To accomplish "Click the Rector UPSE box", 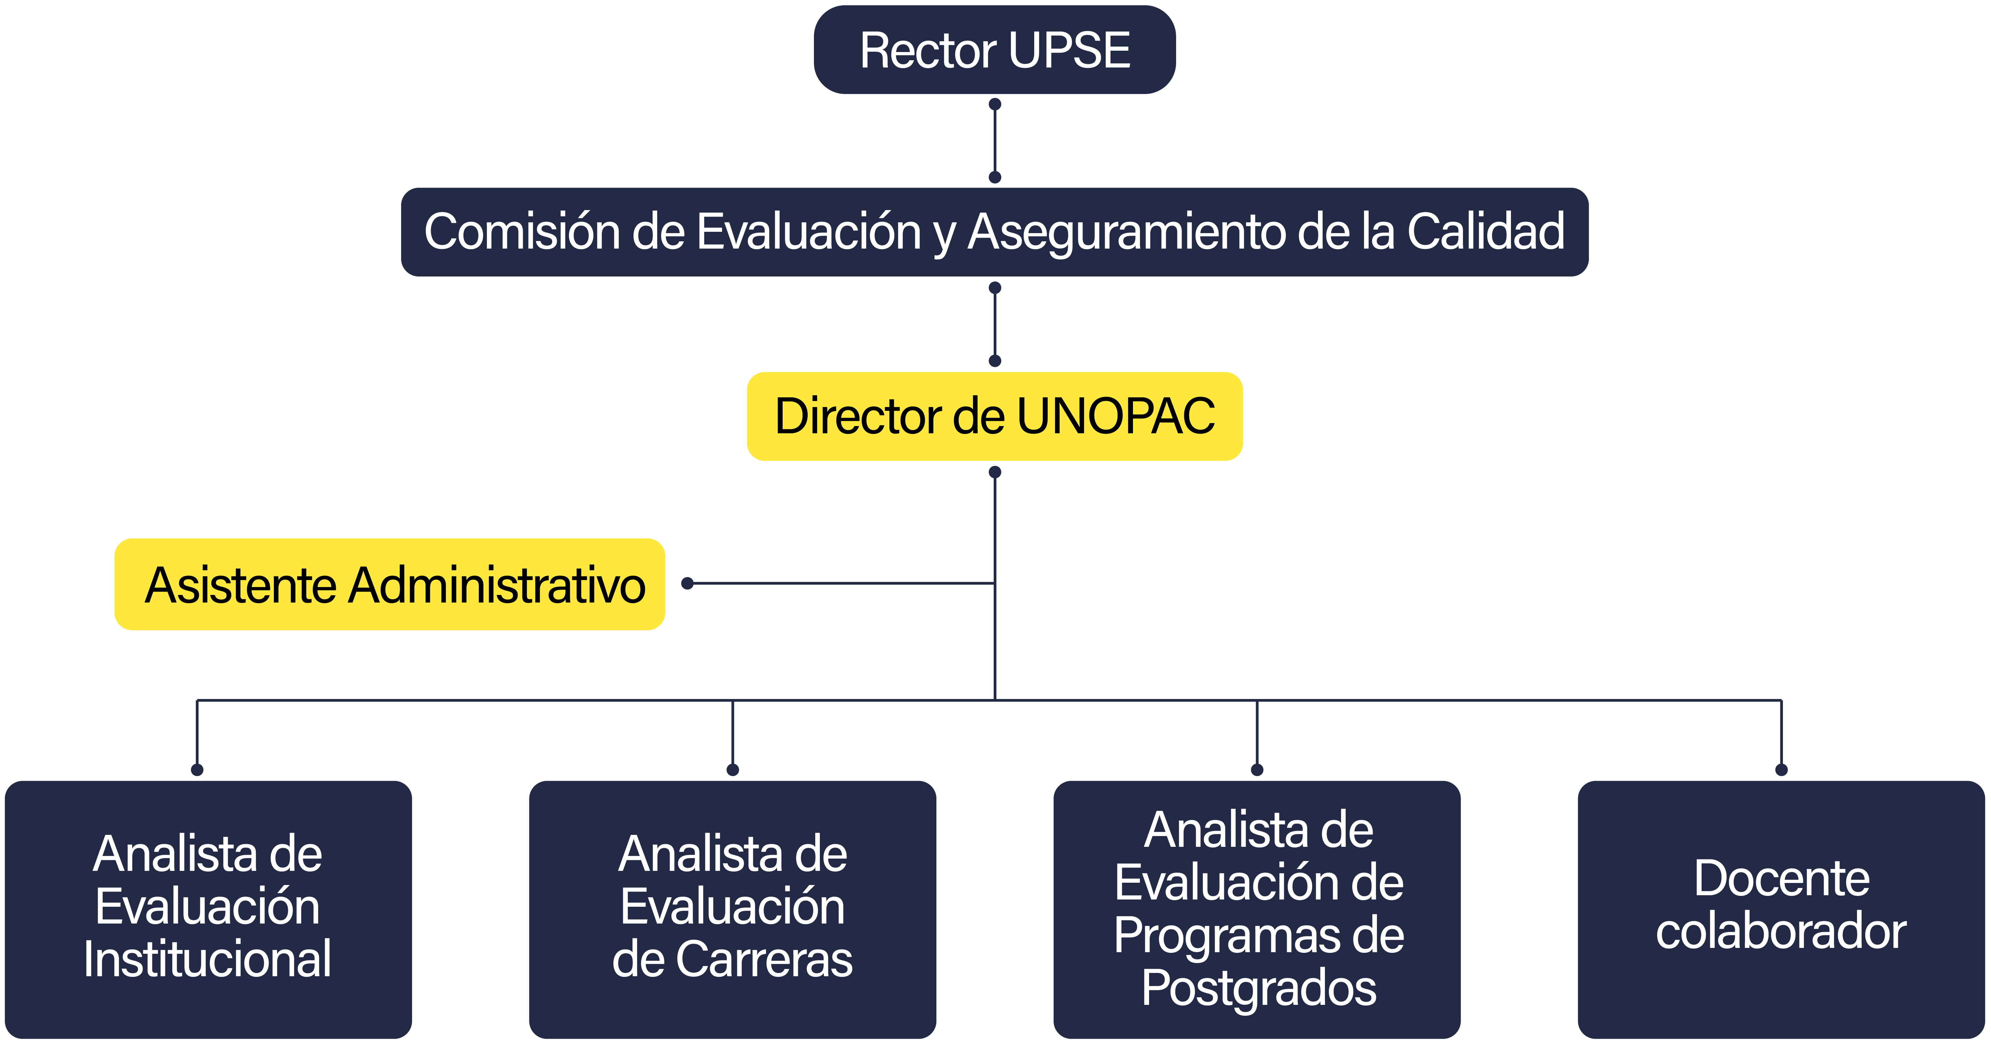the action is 995,50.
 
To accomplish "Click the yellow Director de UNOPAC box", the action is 995,417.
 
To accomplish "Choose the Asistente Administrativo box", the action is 390,584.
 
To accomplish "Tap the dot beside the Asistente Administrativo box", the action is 687,583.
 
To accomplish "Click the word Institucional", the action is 208,959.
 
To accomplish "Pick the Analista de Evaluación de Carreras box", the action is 733,910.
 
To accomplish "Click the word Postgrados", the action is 1259,988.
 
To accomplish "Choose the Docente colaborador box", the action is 1782,910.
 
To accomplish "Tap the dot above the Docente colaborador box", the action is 1782,770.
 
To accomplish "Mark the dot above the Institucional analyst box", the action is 197,770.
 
